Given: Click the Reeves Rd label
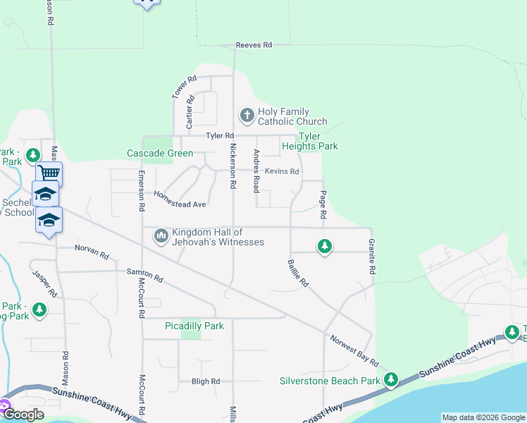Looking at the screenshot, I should pos(254,45).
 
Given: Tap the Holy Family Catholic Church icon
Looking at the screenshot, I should pos(247,114).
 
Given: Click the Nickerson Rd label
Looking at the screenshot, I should pos(232,167).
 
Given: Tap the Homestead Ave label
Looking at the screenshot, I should pos(180,200).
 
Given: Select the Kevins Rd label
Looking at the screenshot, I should pos(282,171).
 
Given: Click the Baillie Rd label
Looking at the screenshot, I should pos(298,272).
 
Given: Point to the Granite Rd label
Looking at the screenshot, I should pos(371,257).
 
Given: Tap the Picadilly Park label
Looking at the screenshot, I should pos(194,326).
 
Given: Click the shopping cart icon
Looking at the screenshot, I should pos(49,173).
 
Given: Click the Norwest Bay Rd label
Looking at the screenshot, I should pos(354,349).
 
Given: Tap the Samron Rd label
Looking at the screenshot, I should pos(144,276).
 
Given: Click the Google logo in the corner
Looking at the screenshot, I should pos(23,415).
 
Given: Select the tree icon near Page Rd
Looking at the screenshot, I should pos(324,246).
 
